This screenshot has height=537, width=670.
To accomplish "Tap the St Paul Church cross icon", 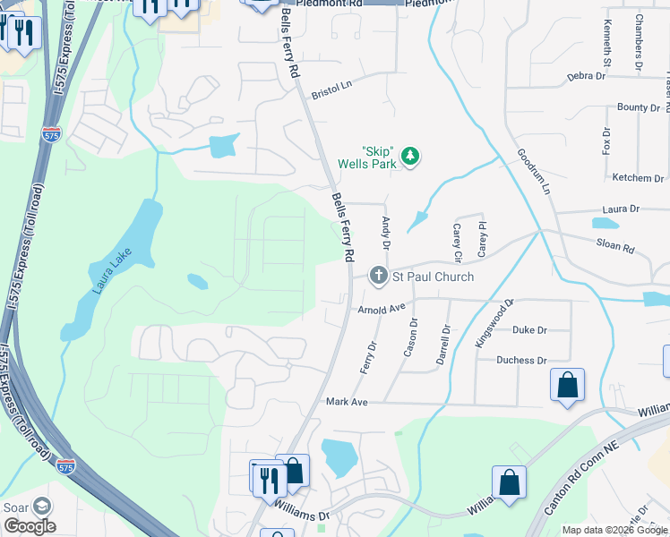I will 379,277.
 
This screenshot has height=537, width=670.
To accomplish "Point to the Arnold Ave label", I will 382,309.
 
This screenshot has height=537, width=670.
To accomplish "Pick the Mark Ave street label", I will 347,402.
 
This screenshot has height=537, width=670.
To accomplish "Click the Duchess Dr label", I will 522,360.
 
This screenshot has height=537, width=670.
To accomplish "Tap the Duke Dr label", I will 529,329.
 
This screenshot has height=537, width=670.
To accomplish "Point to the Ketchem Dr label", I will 638,178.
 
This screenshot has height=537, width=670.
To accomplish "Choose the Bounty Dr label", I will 639,107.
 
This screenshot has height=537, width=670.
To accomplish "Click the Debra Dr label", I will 587,76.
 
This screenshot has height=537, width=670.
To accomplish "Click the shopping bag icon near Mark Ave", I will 567,387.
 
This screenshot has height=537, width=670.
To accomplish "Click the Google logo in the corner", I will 30,525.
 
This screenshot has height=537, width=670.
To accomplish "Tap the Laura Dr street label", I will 621,209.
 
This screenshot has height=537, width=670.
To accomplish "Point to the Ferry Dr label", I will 370,356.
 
